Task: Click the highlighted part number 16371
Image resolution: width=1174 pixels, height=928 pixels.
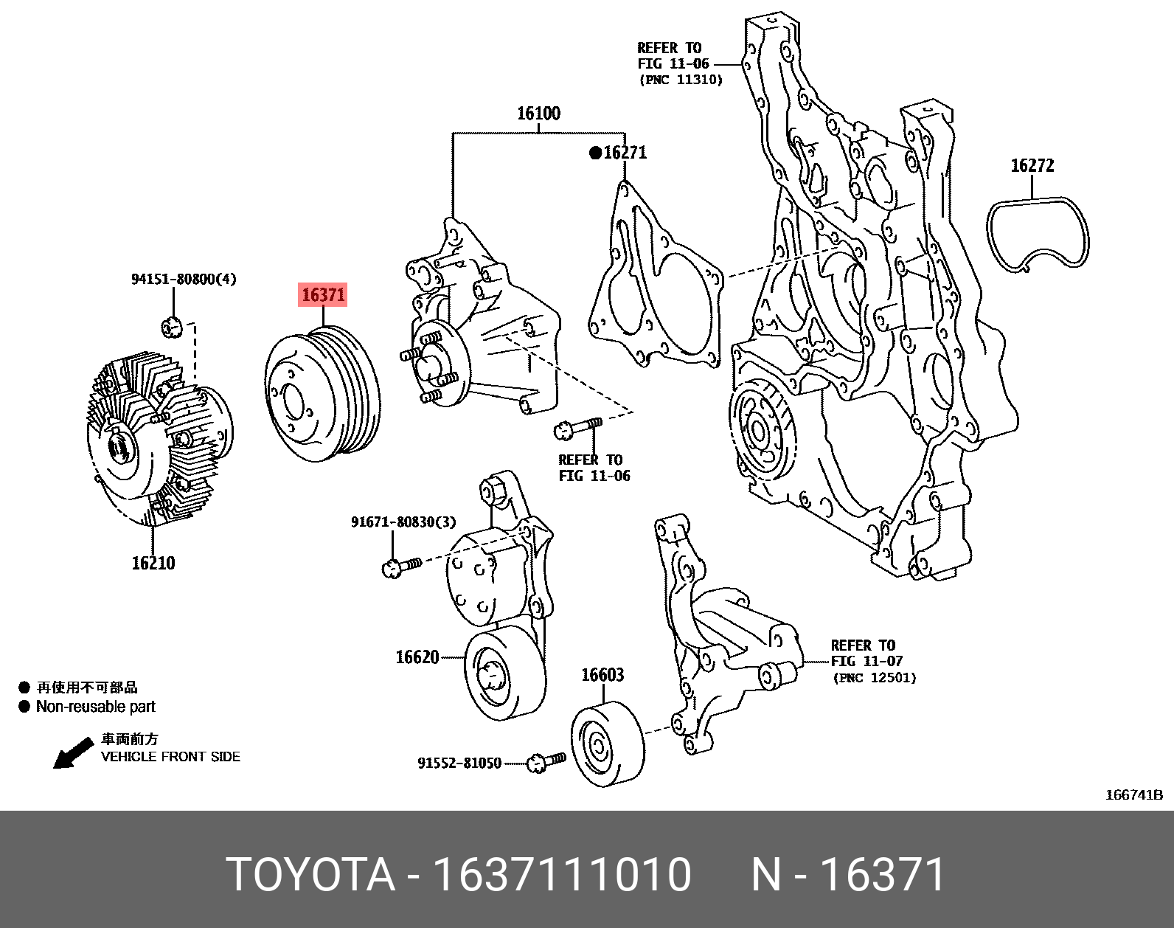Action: pyautogui.click(x=323, y=295)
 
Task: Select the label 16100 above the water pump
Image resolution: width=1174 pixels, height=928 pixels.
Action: pyautogui.click(x=538, y=114)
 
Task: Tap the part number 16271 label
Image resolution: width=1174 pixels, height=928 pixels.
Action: pyautogui.click(x=625, y=153)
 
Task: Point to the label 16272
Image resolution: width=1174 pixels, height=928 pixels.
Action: pyautogui.click(x=1032, y=165)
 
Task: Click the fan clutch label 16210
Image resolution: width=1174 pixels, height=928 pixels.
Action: pyautogui.click(x=153, y=564)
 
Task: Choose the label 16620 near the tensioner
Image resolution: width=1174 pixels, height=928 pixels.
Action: pyautogui.click(x=417, y=657)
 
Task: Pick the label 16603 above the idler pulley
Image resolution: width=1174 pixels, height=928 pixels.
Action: pyautogui.click(x=602, y=675)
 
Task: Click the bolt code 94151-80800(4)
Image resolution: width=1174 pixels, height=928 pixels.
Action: pyautogui.click(x=184, y=279)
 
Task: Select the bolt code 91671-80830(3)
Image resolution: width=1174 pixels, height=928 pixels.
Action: pyautogui.click(x=403, y=522)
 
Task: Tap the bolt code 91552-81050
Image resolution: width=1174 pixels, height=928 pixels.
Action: pyautogui.click(x=459, y=763)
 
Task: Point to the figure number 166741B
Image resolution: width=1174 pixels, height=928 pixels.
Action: pyautogui.click(x=1133, y=794)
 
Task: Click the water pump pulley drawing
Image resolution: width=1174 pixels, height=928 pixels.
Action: pyautogui.click(x=323, y=394)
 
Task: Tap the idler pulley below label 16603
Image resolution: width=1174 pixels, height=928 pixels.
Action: pyautogui.click(x=607, y=745)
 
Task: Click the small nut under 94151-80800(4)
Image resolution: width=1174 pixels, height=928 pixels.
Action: pyautogui.click(x=171, y=325)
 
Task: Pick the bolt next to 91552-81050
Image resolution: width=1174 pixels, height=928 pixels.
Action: pyautogui.click(x=547, y=761)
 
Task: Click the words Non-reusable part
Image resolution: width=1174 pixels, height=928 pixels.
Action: pyautogui.click(x=96, y=707)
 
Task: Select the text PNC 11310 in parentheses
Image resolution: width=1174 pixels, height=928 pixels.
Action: pyautogui.click(x=681, y=80)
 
